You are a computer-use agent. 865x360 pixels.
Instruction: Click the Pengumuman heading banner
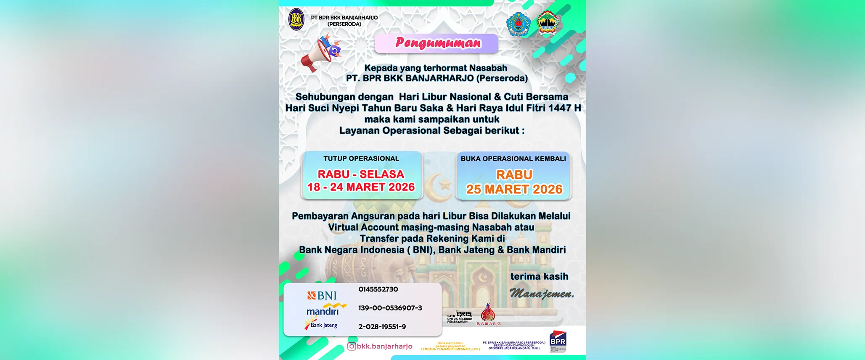click(x=436, y=43)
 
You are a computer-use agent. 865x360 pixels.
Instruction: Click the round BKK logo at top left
click(x=296, y=20)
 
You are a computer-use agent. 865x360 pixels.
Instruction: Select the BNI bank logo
click(x=322, y=296)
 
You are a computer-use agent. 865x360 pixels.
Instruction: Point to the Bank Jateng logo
click(x=321, y=325)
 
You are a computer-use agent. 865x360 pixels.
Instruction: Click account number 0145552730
click(x=378, y=289)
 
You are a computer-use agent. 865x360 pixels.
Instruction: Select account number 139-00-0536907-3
click(x=390, y=308)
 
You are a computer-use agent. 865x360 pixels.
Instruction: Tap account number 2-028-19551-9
click(x=382, y=327)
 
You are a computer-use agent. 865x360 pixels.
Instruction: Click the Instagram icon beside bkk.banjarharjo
click(x=352, y=347)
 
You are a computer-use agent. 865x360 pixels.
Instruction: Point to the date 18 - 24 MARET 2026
click(x=361, y=187)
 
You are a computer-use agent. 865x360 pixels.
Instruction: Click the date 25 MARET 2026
click(x=514, y=189)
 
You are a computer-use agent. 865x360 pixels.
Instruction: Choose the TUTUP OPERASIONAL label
click(x=361, y=159)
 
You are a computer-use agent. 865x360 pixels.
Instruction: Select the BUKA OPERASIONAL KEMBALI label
click(x=513, y=159)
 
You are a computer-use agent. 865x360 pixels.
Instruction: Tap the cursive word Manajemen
click(x=542, y=294)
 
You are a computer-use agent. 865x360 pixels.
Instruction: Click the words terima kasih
click(x=539, y=277)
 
